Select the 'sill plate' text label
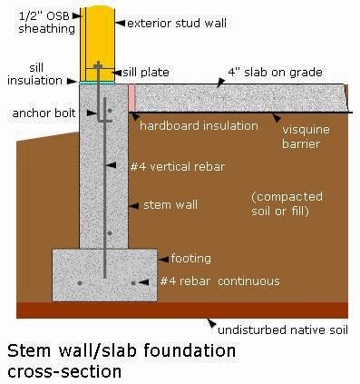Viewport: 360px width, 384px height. point(144,70)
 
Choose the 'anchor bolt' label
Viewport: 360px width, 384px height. point(42,113)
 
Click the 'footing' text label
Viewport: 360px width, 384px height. point(191,258)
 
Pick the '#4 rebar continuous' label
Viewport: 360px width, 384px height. point(219,281)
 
